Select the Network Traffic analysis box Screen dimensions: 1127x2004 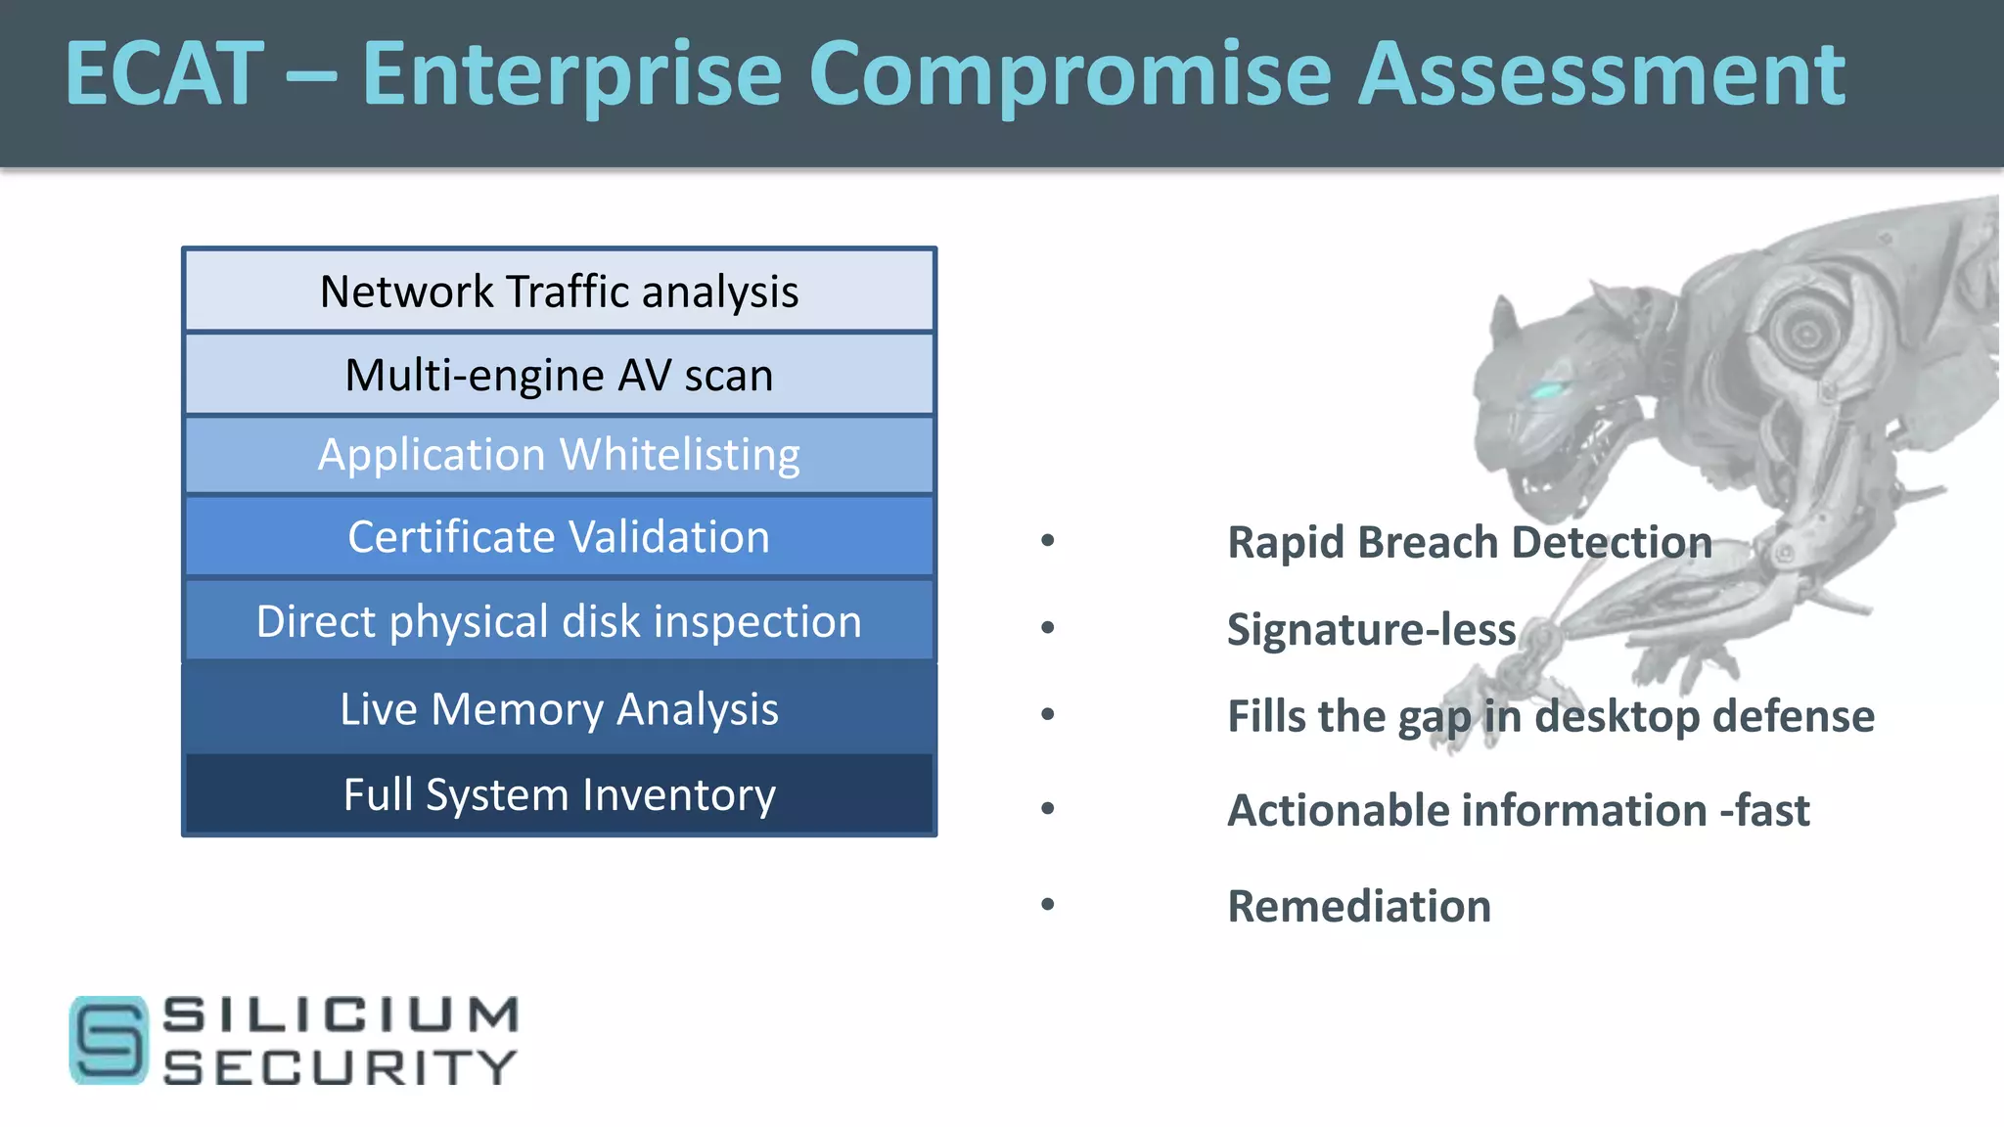coord(559,292)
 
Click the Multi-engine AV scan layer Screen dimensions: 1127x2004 coord(559,375)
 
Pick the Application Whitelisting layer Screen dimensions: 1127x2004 coord(559,455)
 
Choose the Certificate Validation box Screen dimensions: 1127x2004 coord(559,537)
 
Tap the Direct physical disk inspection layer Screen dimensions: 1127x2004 coord(559,621)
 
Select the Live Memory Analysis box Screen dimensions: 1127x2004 coord(559,708)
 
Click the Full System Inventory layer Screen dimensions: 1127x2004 coord(559,793)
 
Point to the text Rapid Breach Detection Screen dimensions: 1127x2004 coord(1469,542)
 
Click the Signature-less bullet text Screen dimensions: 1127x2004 coord(1371,629)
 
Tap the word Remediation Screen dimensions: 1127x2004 coord(1359,906)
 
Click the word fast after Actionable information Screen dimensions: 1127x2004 coord(1772,811)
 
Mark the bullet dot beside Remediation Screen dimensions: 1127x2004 coord(1048,904)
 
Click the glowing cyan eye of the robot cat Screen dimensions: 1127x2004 coord(1546,391)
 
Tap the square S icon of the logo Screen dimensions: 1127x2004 coord(109,1040)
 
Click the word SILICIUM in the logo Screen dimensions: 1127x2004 coord(341,1014)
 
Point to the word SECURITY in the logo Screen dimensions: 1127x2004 coord(341,1067)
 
